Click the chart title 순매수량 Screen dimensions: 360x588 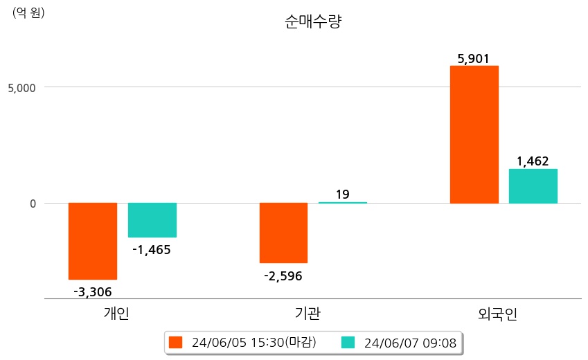313,22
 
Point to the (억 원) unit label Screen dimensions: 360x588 28,12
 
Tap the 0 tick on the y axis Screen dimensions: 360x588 31,204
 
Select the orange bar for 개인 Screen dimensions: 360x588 93,241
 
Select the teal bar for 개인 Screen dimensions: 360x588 152,220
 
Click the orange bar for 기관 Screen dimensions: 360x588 283,233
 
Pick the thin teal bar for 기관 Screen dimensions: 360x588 343,203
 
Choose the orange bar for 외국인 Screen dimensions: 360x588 474,134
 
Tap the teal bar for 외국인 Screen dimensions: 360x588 533,186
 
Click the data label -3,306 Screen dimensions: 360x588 93,291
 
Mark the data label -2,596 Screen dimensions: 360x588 283,276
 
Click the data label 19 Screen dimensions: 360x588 343,195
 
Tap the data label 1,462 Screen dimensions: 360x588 533,161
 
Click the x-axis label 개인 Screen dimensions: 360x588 116,314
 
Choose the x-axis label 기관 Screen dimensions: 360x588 308,314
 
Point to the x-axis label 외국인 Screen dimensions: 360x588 498,314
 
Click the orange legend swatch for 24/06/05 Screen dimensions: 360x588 176,343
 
